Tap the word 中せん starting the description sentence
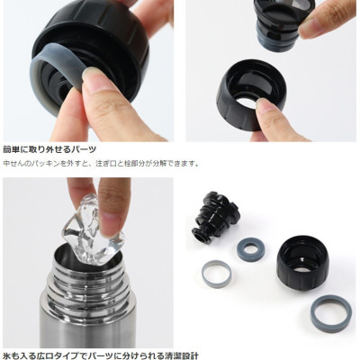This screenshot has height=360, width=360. click(13, 164)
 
